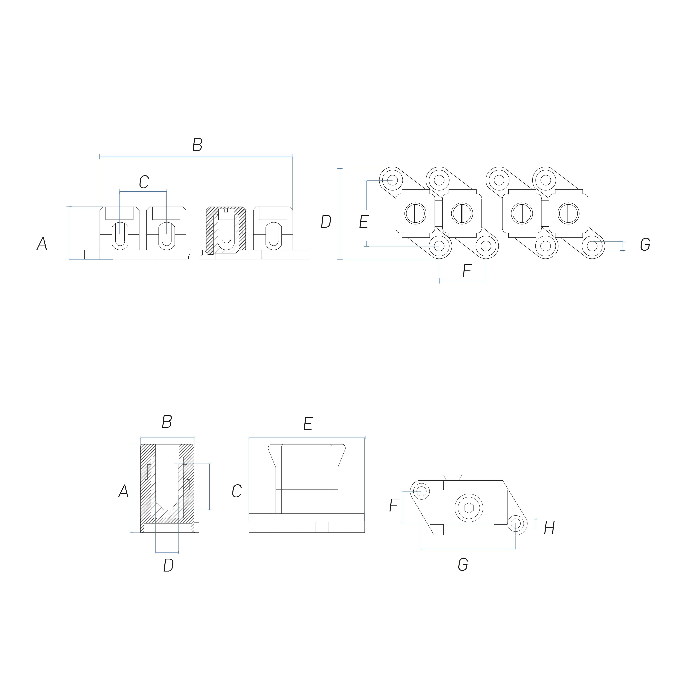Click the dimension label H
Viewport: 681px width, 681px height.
pyautogui.click(x=549, y=528)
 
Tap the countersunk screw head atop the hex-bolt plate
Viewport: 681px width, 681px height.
pyautogui.click(x=453, y=477)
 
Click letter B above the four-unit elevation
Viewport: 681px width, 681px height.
pyautogui.click(x=197, y=145)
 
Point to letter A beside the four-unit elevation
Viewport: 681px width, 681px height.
pyautogui.click(x=42, y=243)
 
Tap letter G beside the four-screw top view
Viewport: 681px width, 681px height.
pyautogui.click(x=645, y=245)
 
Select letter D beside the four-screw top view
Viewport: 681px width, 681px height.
pyautogui.click(x=326, y=222)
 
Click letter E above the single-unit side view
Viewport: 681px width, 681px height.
pyautogui.click(x=308, y=424)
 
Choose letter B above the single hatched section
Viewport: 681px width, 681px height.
pyautogui.click(x=167, y=422)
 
